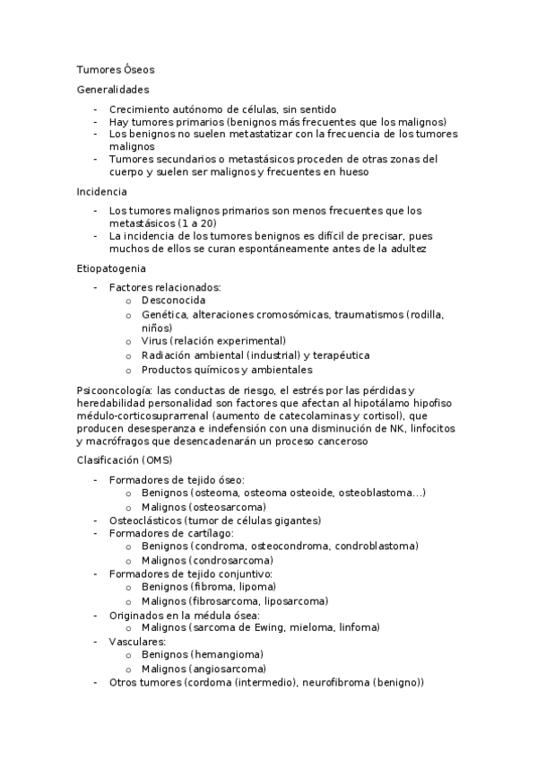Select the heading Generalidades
(x=113, y=89)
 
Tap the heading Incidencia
(x=102, y=191)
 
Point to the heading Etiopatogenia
(x=112, y=267)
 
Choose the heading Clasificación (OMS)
(x=123, y=459)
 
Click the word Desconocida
(x=174, y=300)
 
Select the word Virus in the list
(x=154, y=341)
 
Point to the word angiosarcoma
(x=228, y=669)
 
